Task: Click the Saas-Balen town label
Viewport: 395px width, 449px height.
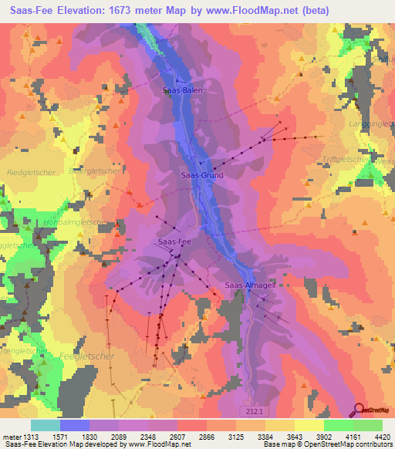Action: (177, 90)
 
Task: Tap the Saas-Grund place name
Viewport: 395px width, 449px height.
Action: (202, 175)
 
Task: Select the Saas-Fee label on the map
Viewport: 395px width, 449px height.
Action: (174, 241)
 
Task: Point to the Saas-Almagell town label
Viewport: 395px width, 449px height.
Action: (248, 285)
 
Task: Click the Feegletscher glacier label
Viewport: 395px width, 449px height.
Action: (86, 356)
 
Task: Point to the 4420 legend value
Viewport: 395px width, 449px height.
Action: (381, 436)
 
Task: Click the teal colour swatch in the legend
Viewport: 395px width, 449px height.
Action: (46, 424)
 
